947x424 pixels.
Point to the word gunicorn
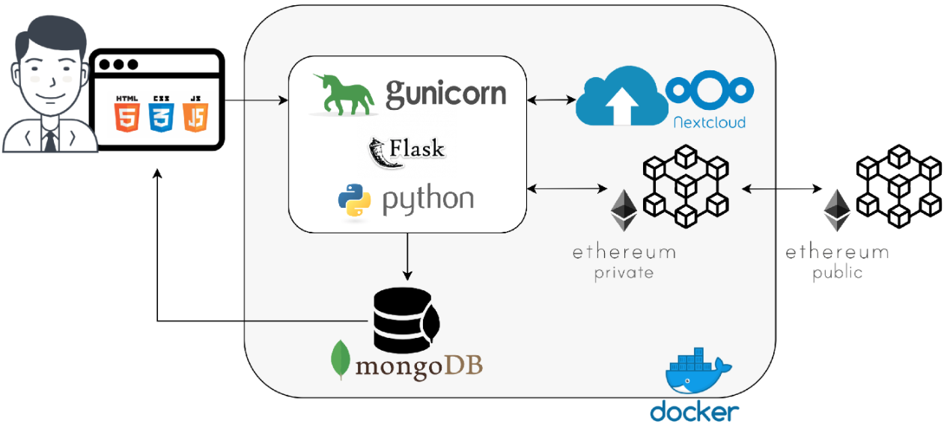point(445,93)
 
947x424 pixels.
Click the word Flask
point(416,148)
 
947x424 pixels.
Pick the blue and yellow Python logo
point(354,200)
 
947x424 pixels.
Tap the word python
point(428,200)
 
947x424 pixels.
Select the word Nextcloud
point(710,123)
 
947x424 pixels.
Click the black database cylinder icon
point(406,320)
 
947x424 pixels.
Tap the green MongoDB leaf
point(341,360)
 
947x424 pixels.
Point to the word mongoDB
point(418,366)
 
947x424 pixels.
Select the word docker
point(695,411)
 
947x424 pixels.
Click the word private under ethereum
point(624,273)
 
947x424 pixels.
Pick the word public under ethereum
point(838,273)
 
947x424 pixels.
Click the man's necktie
point(50,141)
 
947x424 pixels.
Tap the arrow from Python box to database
point(407,256)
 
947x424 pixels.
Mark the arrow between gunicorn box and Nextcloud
point(551,100)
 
